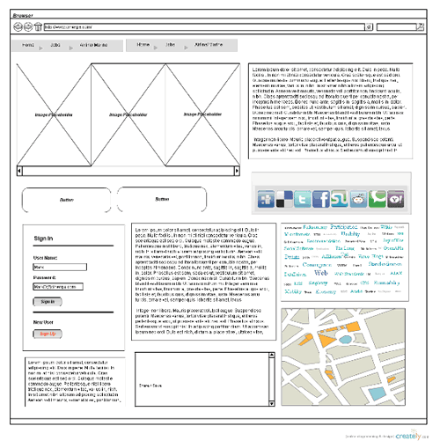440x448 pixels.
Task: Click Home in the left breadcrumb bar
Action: (x=28, y=43)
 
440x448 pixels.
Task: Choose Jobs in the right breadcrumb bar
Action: (x=170, y=43)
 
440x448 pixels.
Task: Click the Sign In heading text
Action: (x=42, y=239)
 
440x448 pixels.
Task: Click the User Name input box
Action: (x=70, y=266)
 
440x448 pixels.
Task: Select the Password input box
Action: (x=70, y=286)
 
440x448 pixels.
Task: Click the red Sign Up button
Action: (x=48, y=334)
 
